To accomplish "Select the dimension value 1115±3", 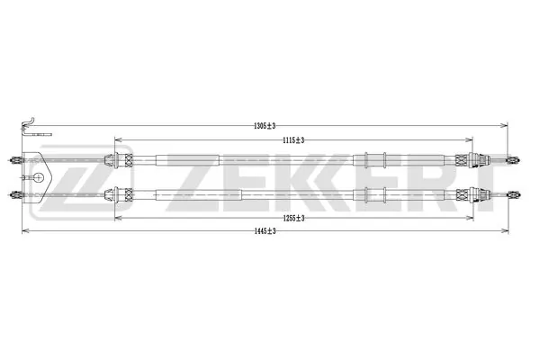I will point(292,139).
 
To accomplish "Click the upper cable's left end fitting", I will point(15,162).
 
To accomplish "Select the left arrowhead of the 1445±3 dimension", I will point(24,231).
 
